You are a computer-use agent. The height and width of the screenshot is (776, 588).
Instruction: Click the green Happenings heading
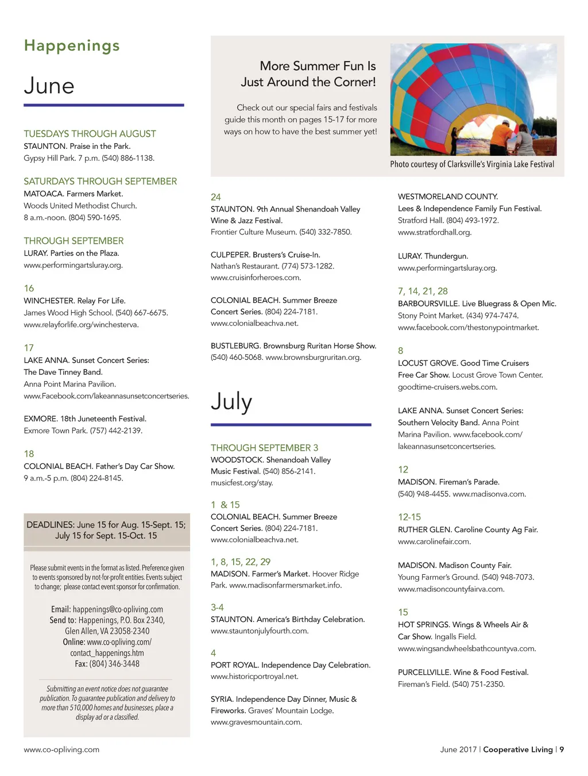(x=72, y=46)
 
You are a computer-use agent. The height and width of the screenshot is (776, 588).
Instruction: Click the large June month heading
(x=49, y=86)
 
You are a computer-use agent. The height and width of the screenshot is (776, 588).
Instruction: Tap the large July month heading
(x=231, y=401)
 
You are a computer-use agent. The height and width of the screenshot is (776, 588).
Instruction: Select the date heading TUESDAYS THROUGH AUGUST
(x=90, y=134)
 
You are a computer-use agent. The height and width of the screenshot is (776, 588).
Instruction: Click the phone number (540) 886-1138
(x=128, y=158)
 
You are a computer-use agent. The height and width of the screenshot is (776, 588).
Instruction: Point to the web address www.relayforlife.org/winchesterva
(x=81, y=325)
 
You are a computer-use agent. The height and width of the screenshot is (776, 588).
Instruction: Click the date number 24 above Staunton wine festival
(x=216, y=197)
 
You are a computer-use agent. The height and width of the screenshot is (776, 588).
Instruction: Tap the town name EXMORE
(x=40, y=419)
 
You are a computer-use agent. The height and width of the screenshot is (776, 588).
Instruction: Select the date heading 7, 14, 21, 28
(x=423, y=291)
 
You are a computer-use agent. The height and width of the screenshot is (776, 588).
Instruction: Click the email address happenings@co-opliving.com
(x=118, y=609)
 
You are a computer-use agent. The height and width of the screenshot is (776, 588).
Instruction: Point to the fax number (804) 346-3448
(x=114, y=664)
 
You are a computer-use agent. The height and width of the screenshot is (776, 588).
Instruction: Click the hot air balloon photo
(x=473, y=99)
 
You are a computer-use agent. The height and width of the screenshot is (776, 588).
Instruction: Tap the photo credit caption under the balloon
(x=472, y=164)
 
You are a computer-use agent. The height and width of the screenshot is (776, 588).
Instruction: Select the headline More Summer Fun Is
(x=318, y=66)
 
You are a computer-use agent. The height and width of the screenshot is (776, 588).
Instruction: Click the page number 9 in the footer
(x=562, y=750)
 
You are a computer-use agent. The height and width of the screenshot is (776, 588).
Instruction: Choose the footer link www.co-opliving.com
(x=61, y=750)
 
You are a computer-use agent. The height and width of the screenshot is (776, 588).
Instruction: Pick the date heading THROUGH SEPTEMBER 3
(x=264, y=448)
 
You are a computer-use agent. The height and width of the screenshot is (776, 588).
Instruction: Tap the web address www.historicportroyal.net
(x=254, y=677)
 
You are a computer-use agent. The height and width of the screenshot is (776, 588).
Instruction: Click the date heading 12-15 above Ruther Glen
(x=409, y=517)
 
